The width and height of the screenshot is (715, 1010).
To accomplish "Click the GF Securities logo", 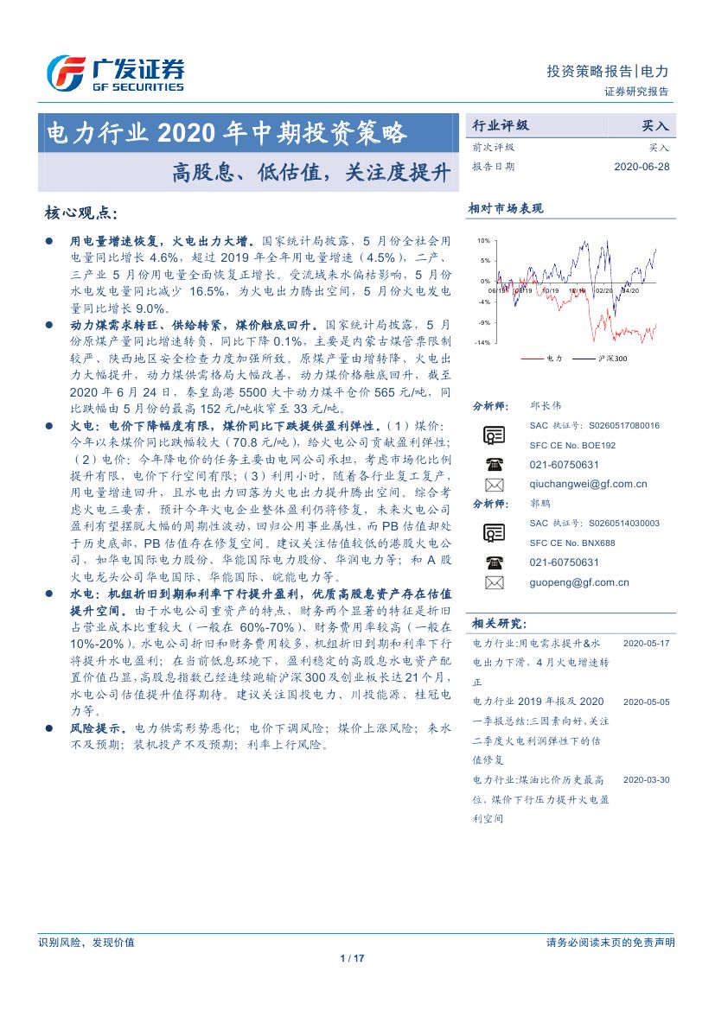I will point(114,73).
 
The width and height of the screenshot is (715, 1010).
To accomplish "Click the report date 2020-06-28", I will point(642,166).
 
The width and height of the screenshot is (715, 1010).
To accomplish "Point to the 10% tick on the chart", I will point(483,241).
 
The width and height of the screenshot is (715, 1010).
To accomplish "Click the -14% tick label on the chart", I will point(482,343).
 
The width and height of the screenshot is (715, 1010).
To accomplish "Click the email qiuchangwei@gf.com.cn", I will point(588,484).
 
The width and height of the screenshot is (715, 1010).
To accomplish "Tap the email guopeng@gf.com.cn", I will point(579,582).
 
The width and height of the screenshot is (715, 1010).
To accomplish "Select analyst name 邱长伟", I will point(546,405).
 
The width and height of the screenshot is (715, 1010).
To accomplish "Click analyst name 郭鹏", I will point(540,503).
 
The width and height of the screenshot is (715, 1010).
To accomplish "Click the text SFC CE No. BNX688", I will point(572,543).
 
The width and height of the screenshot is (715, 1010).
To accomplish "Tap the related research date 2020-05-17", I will point(646,644).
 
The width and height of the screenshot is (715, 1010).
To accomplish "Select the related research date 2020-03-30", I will point(646,779).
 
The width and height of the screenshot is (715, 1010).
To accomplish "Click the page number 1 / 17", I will point(354,958).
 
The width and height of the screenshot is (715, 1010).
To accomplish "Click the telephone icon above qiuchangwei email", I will point(495,464).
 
